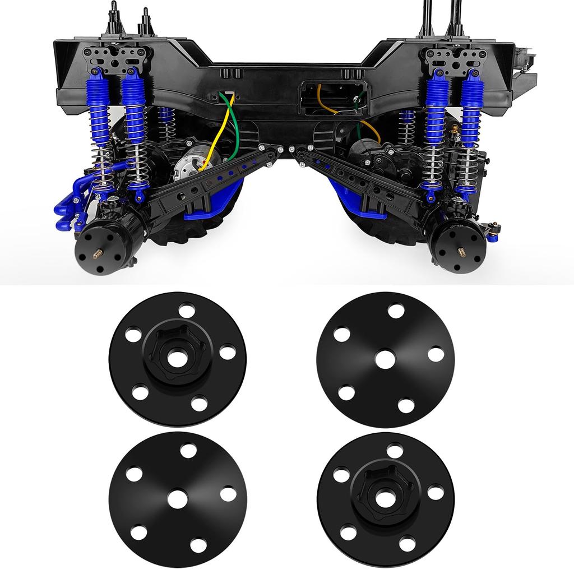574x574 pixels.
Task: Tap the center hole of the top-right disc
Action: point(385,359)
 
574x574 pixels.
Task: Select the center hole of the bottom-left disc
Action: point(178,498)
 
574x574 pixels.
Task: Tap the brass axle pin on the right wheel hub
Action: point(461,251)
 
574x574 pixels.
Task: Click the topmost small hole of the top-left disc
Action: point(187,309)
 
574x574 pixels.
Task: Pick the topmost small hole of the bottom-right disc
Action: point(395,450)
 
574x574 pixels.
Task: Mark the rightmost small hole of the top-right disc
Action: point(436,354)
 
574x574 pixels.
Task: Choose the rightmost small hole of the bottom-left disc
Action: point(228,494)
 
